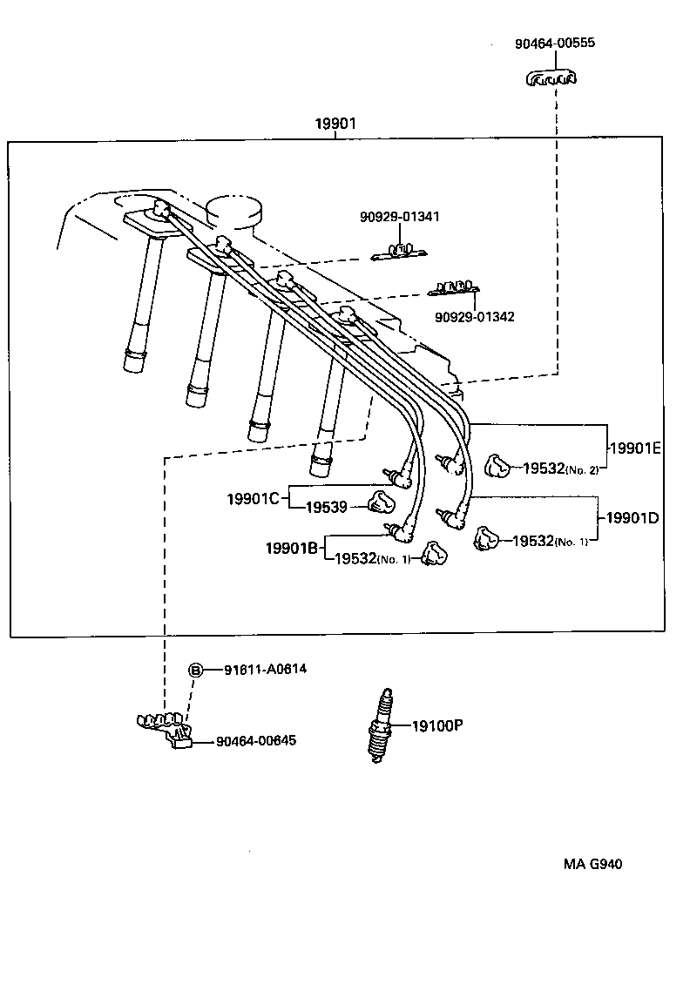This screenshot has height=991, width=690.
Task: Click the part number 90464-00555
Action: pyautogui.click(x=555, y=43)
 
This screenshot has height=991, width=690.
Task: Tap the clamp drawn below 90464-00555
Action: pyautogui.click(x=551, y=79)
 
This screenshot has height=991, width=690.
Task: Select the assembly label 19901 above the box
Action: pyautogui.click(x=335, y=124)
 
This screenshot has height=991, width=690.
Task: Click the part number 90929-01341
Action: pyautogui.click(x=400, y=217)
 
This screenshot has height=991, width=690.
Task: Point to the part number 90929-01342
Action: pyautogui.click(x=474, y=316)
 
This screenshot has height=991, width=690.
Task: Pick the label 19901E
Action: pyautogui.click(x=634, y=448)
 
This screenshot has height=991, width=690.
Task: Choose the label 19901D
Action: pyautogui.click(x=632, y=518)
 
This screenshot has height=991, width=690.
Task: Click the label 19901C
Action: pyautogui.click(x=253, y=498)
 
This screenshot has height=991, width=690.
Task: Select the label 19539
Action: pyautogui.click(x=327, y=506)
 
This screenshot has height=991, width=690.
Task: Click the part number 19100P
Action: pyautogui.click(x=436, y=724)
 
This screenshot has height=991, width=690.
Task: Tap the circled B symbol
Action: pyautogui.click(x=196, y=670)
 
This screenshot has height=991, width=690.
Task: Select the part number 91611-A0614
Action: pyautogui.click(x=266, y=670)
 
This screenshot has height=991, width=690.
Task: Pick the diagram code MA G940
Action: pyautogui.click(x=592, y=865)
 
